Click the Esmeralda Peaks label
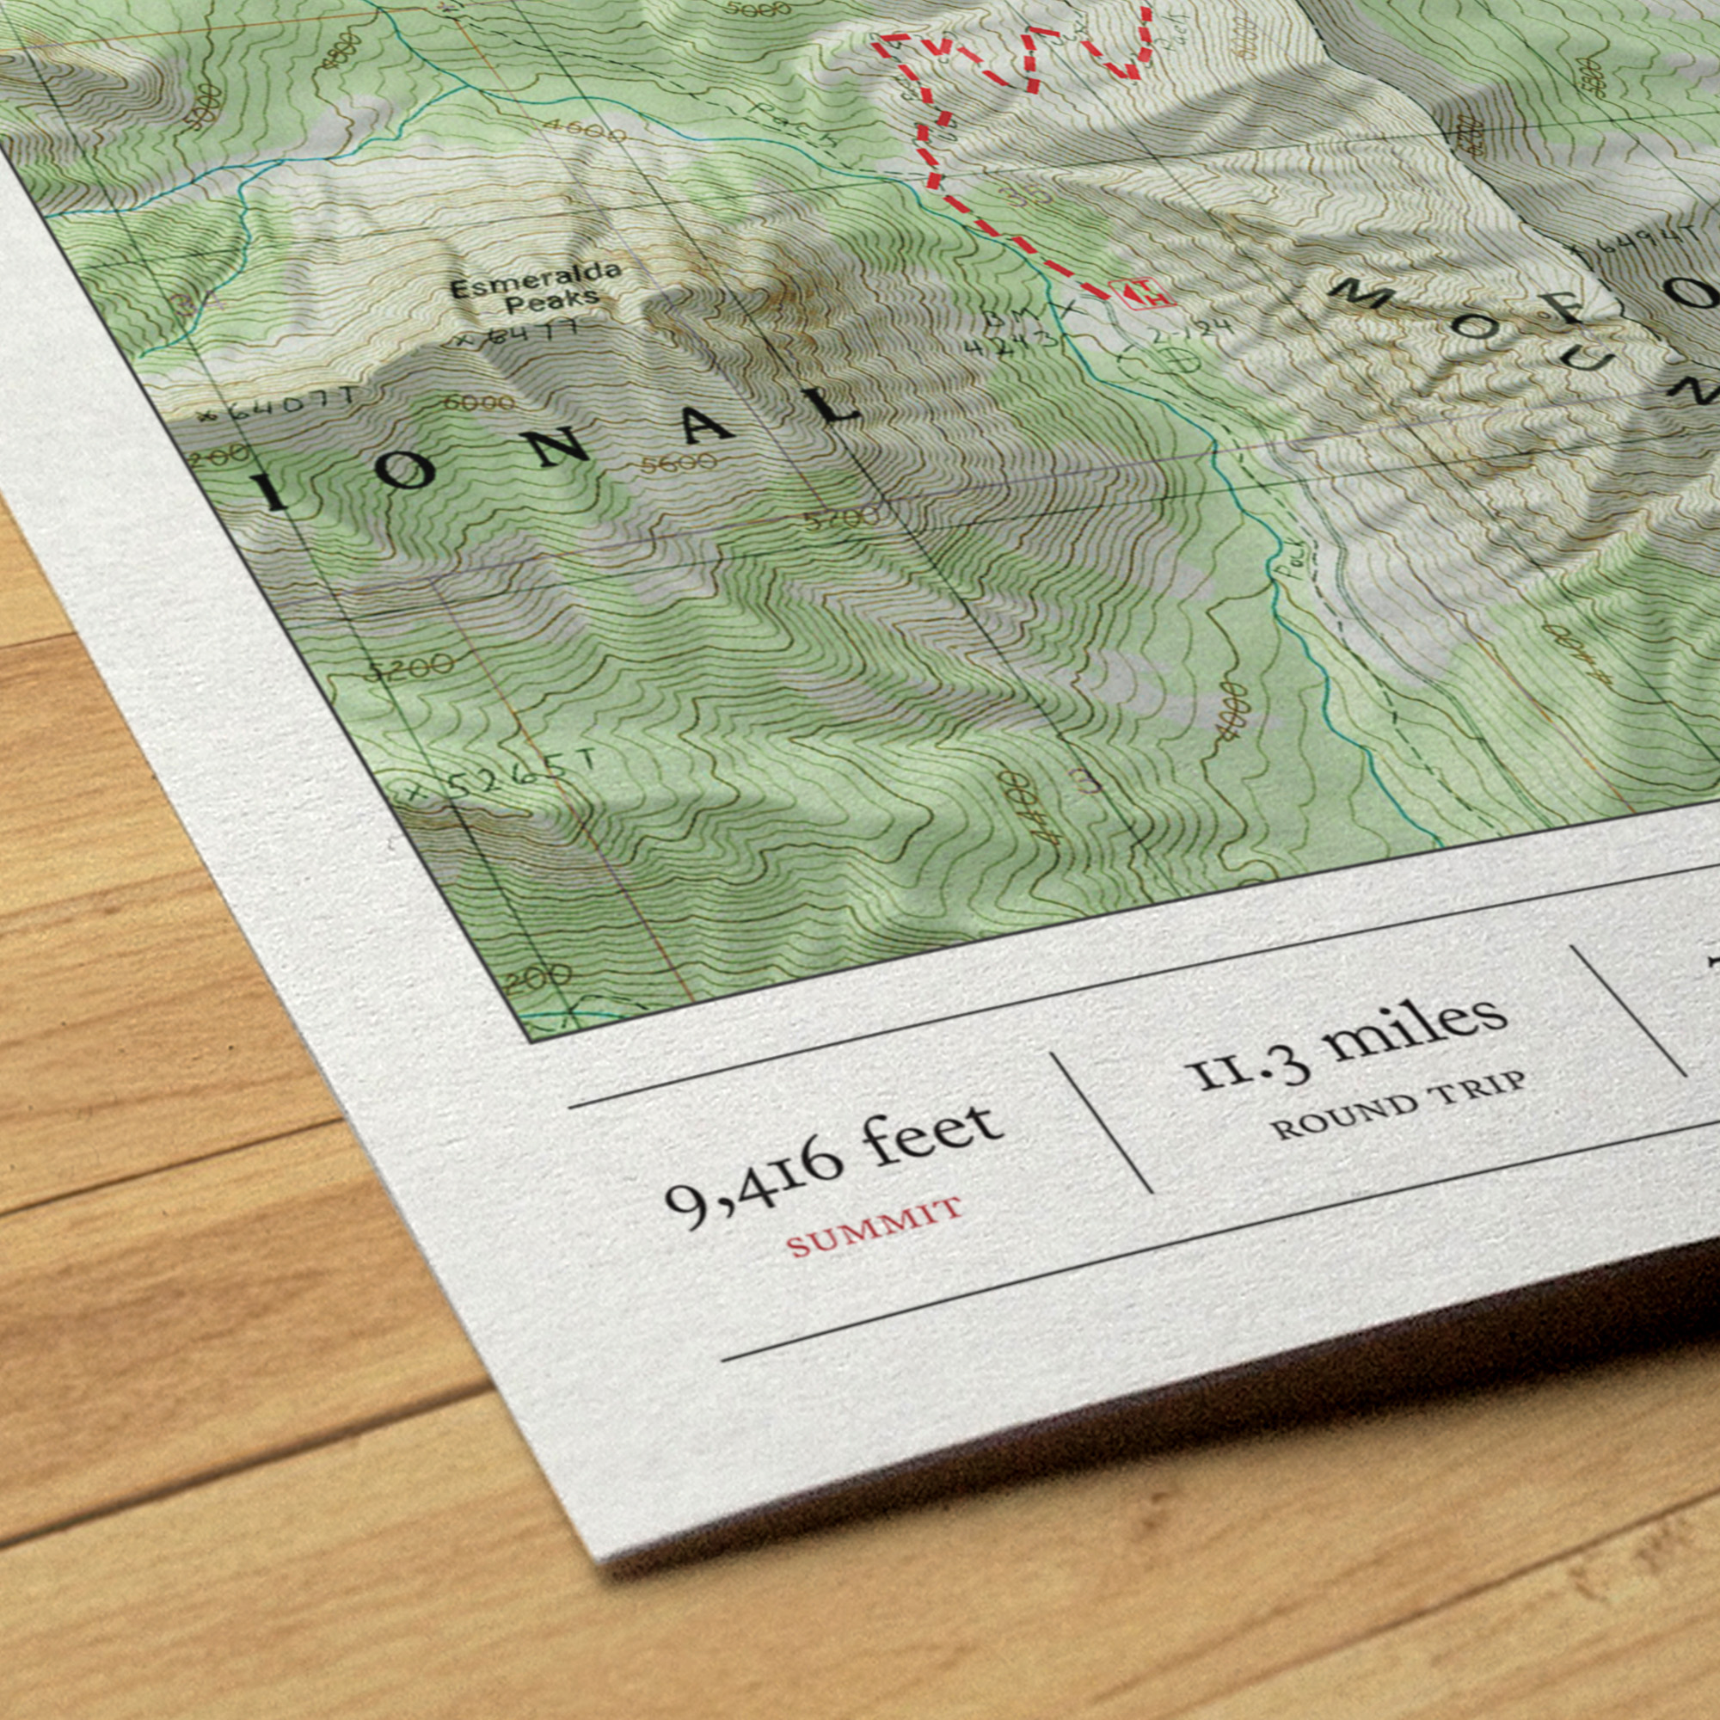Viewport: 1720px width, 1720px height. click(x=534, y=286)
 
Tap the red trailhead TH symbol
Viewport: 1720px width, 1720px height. click(x=1142, y=294)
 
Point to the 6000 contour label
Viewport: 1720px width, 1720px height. click(x=479, y=403)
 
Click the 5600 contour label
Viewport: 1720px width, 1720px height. click(x=679, y=463)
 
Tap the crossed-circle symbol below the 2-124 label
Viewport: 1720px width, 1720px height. click(x=1182, y=359)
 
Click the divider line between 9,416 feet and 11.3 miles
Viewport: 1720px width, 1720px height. click(x=1102, y=1122)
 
